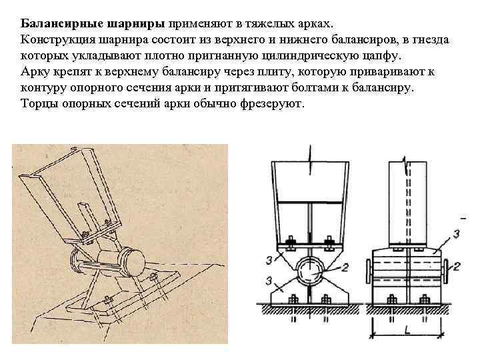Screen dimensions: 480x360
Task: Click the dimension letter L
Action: [x=407, y=329]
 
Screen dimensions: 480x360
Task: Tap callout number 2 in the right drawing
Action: [x=457, y=265]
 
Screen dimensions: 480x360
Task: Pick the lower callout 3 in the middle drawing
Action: [x=267, y=279]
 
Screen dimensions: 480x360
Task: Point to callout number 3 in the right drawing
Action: [x=456, y=233]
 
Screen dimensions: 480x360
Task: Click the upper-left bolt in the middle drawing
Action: [x=289, y=242]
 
